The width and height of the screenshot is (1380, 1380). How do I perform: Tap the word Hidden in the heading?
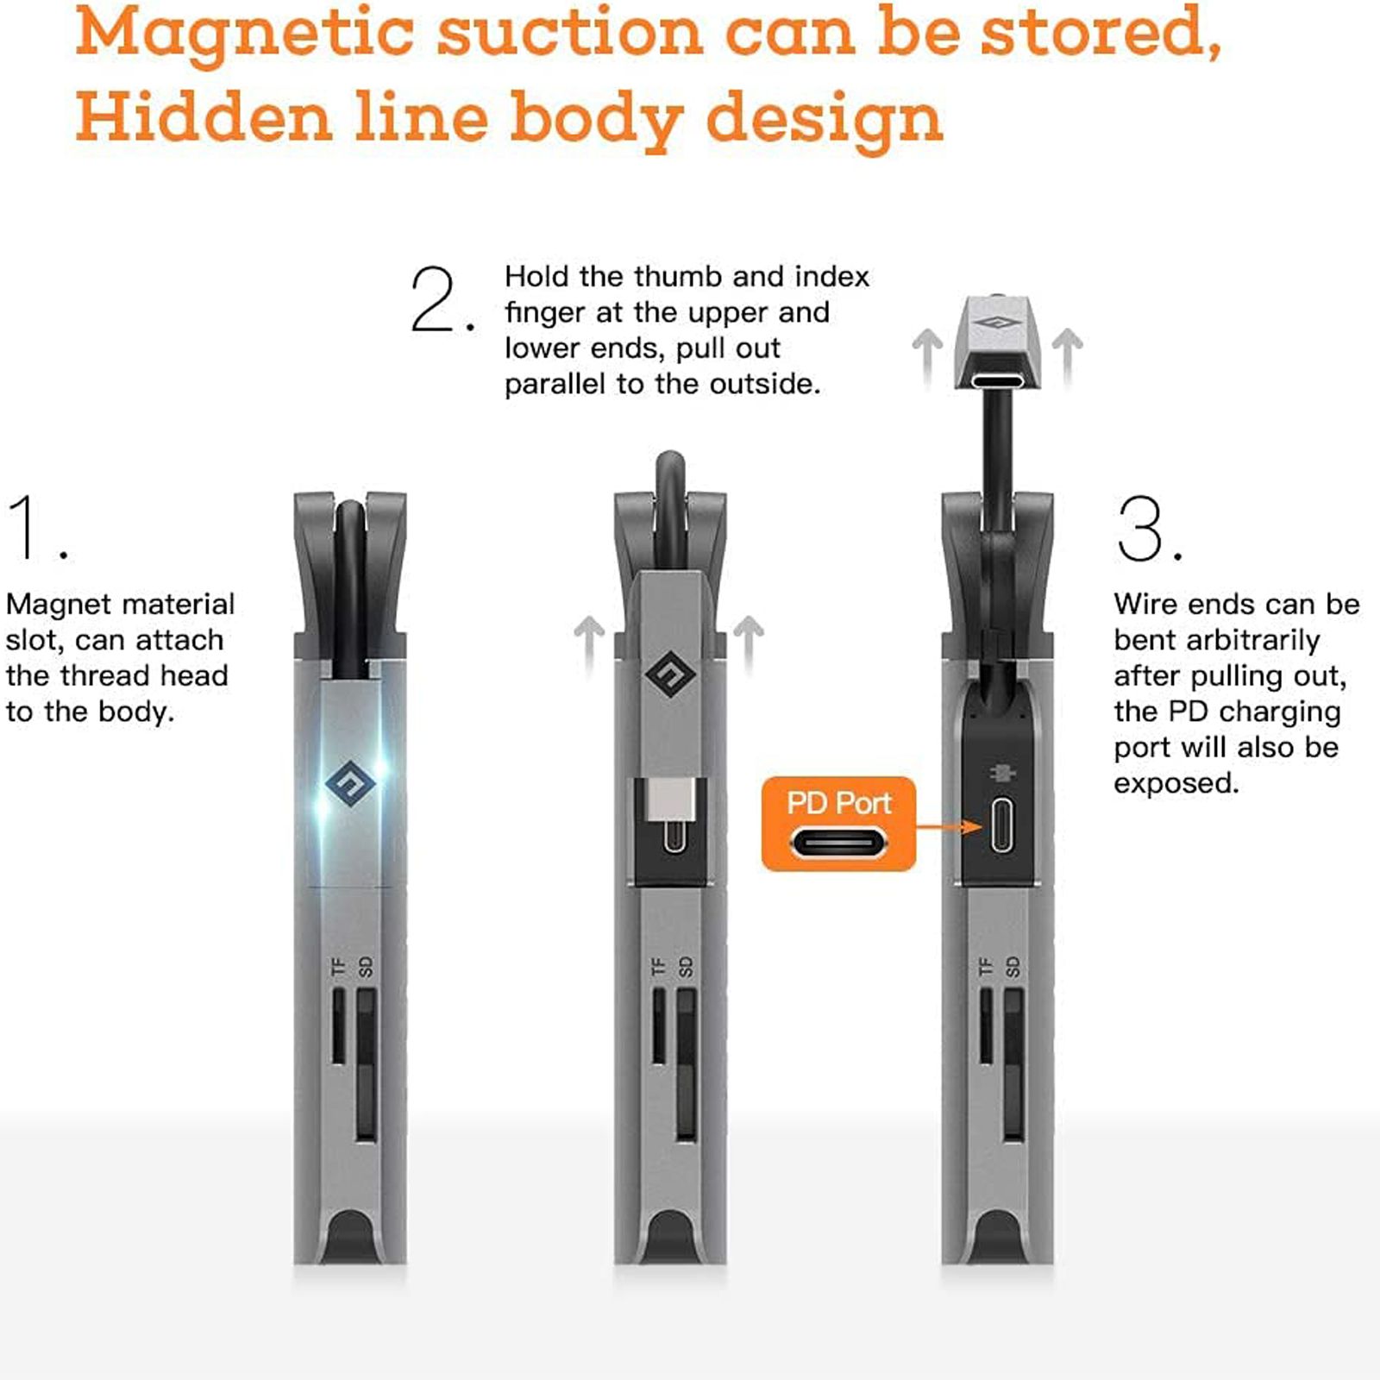pos(204,117)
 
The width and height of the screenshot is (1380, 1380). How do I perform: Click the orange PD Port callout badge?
pos(838,824)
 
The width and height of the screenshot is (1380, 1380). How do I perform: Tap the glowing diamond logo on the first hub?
pos(349,784)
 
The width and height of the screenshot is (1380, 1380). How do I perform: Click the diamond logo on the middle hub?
pos(670,675)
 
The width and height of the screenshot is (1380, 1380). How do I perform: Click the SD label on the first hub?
pos(366,967)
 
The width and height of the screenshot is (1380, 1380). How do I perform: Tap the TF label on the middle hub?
pos(660,967)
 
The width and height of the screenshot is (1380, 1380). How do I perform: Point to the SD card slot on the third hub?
pos(1013,1065)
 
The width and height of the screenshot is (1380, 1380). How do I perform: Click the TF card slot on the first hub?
pos(339,1026)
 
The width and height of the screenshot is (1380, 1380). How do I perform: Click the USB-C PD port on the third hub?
pos(1001,825)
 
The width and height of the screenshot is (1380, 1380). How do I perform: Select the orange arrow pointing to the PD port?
pos(949,827)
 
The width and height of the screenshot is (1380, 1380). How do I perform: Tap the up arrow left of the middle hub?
pos(589,643)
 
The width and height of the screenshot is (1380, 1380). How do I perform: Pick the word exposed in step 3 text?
pos(1176,784)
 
